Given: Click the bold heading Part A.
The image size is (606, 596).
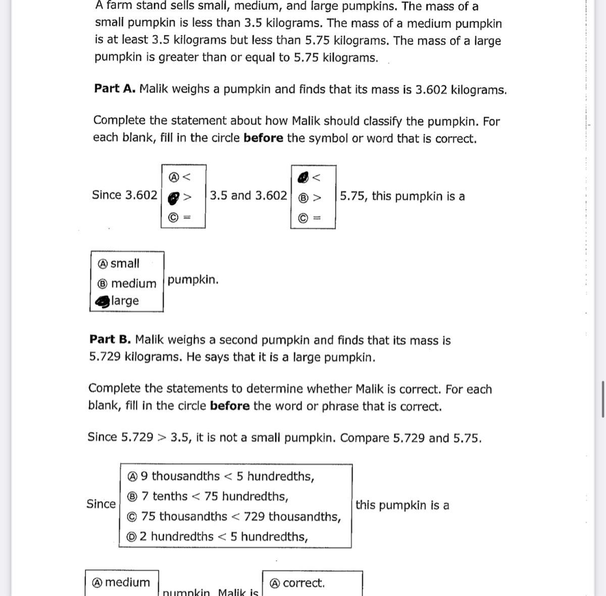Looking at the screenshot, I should pos(114,88).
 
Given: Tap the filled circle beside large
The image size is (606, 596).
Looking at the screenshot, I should pos(103,302).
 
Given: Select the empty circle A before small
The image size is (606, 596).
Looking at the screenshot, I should pos(103,264).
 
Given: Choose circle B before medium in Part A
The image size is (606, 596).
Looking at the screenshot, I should pos(103,283).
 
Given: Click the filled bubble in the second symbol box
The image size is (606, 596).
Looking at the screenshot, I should pos(303,177).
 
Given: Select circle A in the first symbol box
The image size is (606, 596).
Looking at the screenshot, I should pos(173,177).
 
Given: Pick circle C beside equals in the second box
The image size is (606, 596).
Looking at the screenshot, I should pos(303,218).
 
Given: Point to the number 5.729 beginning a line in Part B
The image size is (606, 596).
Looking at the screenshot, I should pos(105,357).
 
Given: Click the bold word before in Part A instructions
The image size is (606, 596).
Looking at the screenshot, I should pos(263,138).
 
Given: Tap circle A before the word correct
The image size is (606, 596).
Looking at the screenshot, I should pos(275,583).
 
